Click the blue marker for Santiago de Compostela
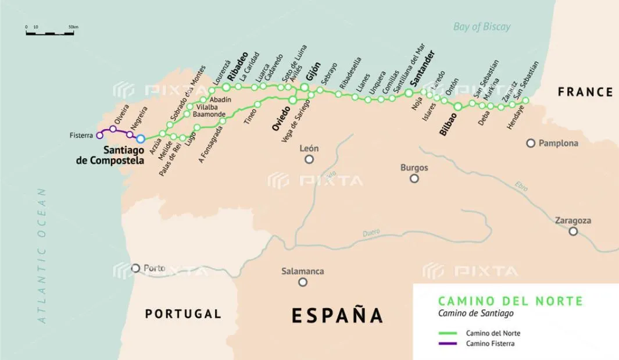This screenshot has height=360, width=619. pyautogui.click(x=140, y=138)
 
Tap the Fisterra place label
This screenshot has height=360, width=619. pyautogui.click(x=81, y=136)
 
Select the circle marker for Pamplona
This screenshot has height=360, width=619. pyautogui.click(x=531, y=143)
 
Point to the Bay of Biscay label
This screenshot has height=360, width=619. pyautogui.click(x=481, y=26)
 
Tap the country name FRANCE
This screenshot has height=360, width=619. pyautogui.click(x=585, y=92)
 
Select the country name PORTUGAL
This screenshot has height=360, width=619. pyautogui.click(x=183, y=314)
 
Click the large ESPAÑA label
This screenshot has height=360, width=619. pyautogui.click(x=337, y=315)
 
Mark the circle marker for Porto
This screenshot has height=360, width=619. pyautogui.click(x=135, y=268)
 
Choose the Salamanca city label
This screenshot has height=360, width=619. pyautogui.click(x=302, y=271)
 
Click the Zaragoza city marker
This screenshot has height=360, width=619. pyautogui.click(x=573, y=231)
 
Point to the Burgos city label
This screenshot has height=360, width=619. pyautogui.click(x=414, y=168)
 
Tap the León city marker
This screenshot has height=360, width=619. pyautogui.click(x=309, y=159)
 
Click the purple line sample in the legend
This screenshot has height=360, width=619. pyautogui.click(x=448, y=344)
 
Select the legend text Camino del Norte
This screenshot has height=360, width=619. pyautogui.click(x=493, y=333)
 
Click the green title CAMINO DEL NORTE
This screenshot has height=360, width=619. pyautogui.click(x=509, y=301)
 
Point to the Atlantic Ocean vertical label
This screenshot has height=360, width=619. pyautogui.click(x=41, y=255)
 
